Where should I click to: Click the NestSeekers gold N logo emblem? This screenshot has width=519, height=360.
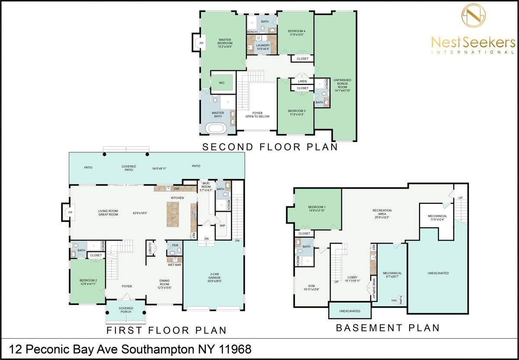point(473,16)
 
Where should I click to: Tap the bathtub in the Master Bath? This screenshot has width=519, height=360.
point(217,129)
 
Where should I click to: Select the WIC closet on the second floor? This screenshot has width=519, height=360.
point(222,83)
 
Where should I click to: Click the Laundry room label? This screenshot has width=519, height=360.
point(263,47)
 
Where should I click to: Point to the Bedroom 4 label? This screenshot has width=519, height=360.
point(297,33)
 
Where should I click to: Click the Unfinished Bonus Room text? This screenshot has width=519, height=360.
point(342,85)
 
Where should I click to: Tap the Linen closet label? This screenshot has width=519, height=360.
point(302,81)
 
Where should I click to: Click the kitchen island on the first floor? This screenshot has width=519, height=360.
point(173,214)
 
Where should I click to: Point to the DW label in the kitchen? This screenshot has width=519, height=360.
point(176,189)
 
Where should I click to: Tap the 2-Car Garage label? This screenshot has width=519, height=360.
point(215,277)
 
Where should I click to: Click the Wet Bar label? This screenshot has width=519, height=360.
point(174,265)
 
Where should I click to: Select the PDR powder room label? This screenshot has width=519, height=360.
point(175,245)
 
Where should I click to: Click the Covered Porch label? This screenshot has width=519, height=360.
point(126,310)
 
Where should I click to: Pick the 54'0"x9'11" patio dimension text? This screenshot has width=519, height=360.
point(160,168)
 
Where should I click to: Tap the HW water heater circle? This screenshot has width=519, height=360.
point(394,300)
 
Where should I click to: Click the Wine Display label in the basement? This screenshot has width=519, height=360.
point(374,288)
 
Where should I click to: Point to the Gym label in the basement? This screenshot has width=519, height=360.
point(311,287)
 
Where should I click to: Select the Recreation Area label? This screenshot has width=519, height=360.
point(382,214)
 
